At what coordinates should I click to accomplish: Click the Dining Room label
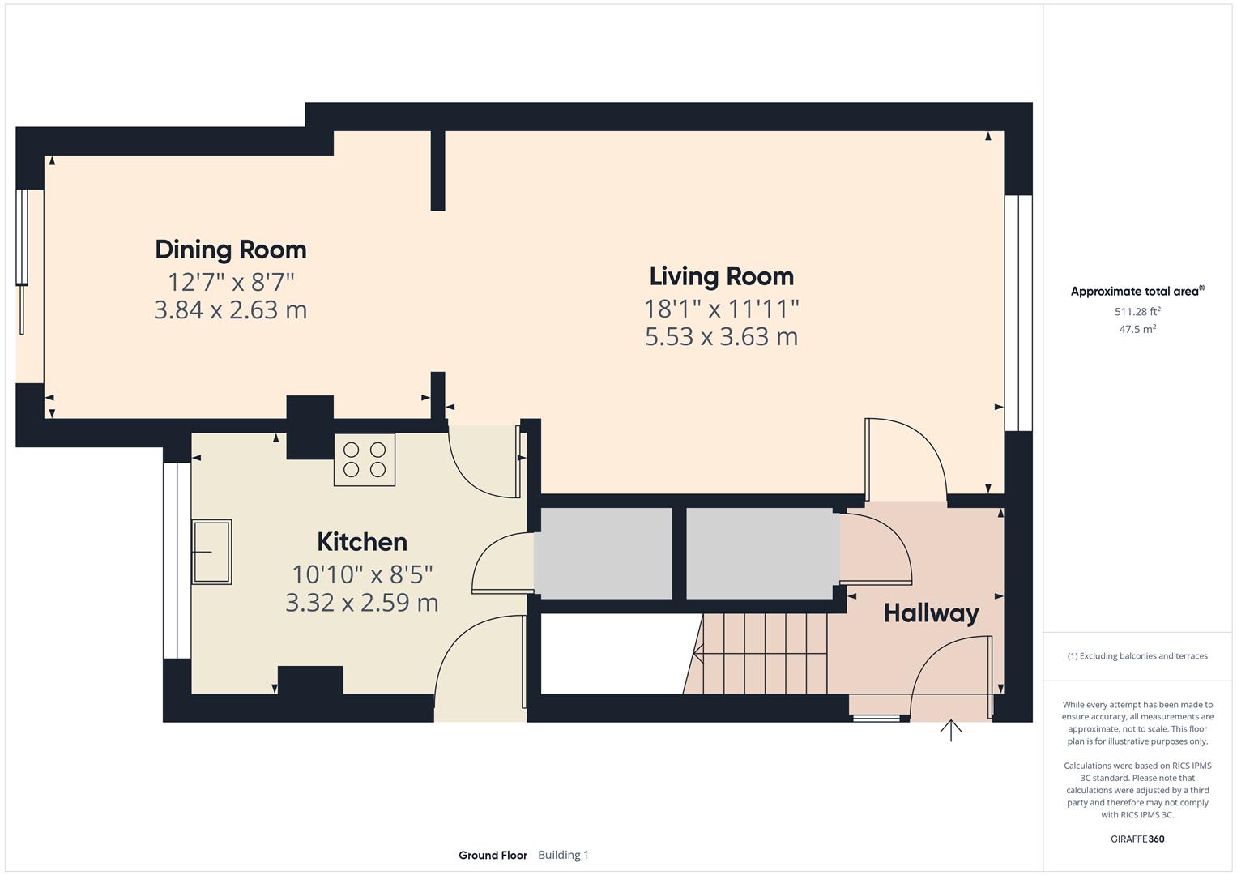coord(231,250)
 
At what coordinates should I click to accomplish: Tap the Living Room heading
coord(721,276)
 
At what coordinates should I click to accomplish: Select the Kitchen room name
coord(361,542)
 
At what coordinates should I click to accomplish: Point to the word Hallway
coord(931,613)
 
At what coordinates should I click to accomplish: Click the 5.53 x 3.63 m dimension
coord(721,336)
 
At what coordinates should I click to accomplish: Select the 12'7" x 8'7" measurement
coord(231,282)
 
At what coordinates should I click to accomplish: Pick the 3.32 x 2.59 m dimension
coord(361,602)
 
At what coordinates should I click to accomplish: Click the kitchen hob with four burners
coord(365,459)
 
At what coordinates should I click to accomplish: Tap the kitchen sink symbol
coord(211,552)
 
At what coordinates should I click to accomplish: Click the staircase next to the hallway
coord(761,653)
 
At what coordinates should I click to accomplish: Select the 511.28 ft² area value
coord(1137,311)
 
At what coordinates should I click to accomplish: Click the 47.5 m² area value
coord(1137,329)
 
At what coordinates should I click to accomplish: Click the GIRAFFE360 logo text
coord(1137,839)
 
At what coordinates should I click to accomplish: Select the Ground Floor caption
coord(493,855)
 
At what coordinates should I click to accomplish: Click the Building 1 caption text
coord(563,855)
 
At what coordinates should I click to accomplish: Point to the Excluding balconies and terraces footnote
coord(1137,655)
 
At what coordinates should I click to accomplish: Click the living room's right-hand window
coord(1018,313)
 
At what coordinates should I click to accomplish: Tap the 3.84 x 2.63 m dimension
coord(231,310)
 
